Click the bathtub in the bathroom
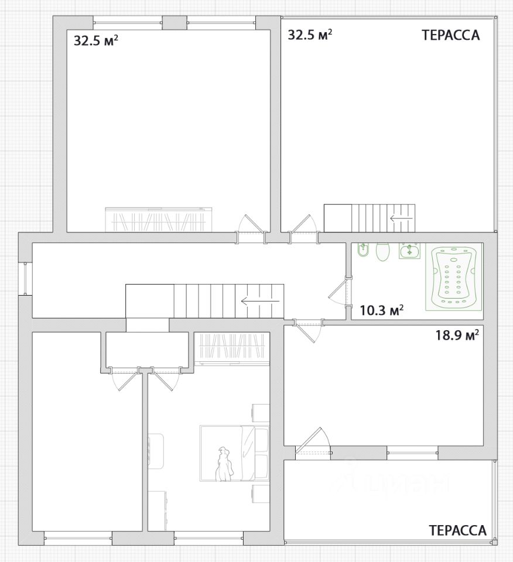coord(453,278)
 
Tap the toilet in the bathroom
coord(382,252)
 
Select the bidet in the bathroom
coord(363,250)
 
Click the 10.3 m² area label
coord(382,310)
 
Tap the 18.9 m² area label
coord(457,335)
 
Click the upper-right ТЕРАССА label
coord(450,35)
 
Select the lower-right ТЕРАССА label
coord(458,530)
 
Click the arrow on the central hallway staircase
coord(260,301)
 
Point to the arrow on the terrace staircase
coord(402,218)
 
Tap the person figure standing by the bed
coord(224,464)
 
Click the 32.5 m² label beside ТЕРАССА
coord(310,35)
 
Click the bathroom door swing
coord(337,292)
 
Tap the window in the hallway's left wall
coord(25,279)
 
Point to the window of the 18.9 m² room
coord(412,453)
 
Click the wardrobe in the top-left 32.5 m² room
coord(158,220)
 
